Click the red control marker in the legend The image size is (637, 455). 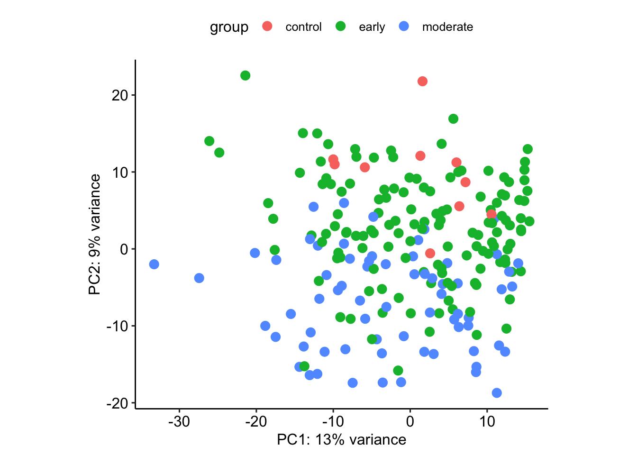coord(267,27)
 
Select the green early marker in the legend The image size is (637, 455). coord(341,27)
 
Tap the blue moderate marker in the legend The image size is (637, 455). coord(404,27)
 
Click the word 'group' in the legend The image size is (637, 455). coord(229,27)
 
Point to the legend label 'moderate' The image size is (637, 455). coord(447,27)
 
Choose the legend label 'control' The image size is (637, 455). coord(303,27)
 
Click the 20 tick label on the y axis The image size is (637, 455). coord(120,95)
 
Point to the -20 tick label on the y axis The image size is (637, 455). coord(118,403)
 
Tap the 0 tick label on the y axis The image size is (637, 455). coord(125,249)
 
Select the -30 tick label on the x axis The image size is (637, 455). coord(179,421)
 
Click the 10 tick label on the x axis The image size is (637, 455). coord(487,421)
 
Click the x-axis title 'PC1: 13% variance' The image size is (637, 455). coord(341,440)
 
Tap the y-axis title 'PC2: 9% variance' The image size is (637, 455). coord(95,234)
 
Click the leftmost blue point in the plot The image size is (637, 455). coord(154,264)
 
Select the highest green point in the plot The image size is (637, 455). coord(245,76)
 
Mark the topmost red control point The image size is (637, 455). coord(422,82)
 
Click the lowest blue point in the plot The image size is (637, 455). coord(497,393)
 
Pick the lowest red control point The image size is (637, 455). coord(430,253)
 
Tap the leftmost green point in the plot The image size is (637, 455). coord(209,141)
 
